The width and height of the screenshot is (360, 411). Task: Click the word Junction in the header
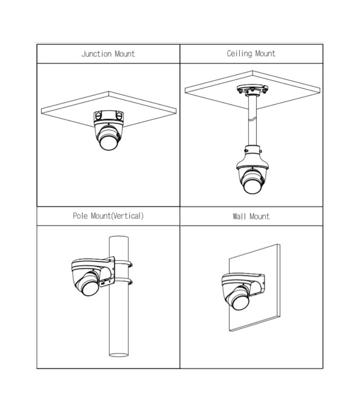pyautogui.click(x=97, y=54)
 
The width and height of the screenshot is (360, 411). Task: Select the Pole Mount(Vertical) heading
pyautogui.click(x=108, y=216)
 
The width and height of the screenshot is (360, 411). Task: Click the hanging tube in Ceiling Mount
pyautogui.click(x=253, y=121)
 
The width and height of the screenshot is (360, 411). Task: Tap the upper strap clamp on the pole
pyautogui.click(x=123, y=264)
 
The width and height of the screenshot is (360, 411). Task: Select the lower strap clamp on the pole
pyautogui.click(x=123, y=282)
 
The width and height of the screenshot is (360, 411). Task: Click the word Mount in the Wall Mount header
pyautogui.click(x=260, y=216)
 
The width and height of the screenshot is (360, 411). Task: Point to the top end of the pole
pyautogui.click(x=119, y=237)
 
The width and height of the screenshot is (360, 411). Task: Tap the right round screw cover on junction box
pyautogui.click(x=119, y=115)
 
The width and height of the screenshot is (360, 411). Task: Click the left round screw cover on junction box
pyautogui.click(x=98, y=115)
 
